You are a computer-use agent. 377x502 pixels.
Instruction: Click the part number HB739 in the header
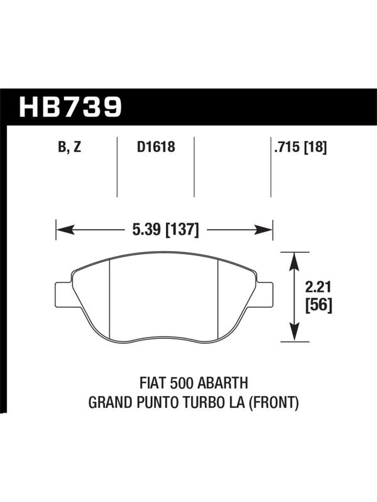[x=70, y=107]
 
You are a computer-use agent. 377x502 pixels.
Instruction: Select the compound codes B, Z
[x=70, y=147]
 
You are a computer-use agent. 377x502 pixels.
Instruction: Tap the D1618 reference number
[x=156, y=147]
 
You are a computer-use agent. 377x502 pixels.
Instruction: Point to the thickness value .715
[x=287, y=147]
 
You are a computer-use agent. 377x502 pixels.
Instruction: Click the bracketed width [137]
[x=182, y=230]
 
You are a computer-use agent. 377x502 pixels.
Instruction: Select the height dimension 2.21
[x=318, y=288]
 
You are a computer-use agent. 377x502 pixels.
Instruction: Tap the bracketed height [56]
[x=319, y=306]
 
